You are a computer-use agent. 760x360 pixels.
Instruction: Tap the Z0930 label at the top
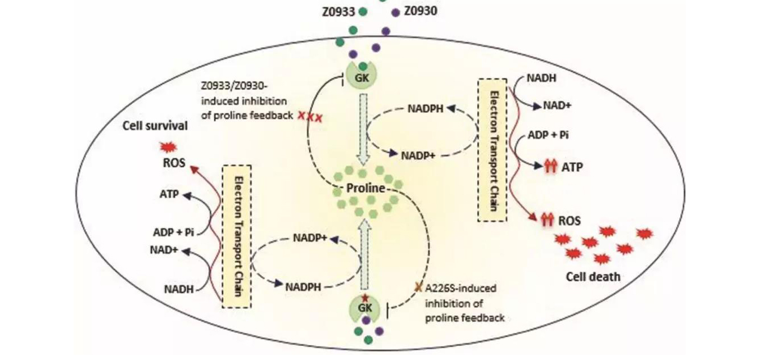pyautogui.click(x=420, y=11)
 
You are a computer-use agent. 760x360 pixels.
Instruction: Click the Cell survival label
pyautogui.click(x=155, y=126)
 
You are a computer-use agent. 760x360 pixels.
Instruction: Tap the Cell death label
pyautogui.click(x=593, y=277)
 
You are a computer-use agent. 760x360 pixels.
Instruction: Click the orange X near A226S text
pyautogui.click(x=419, y=287)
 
